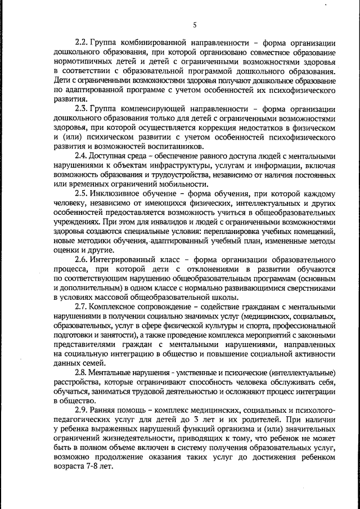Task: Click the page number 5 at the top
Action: click(194, 24)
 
